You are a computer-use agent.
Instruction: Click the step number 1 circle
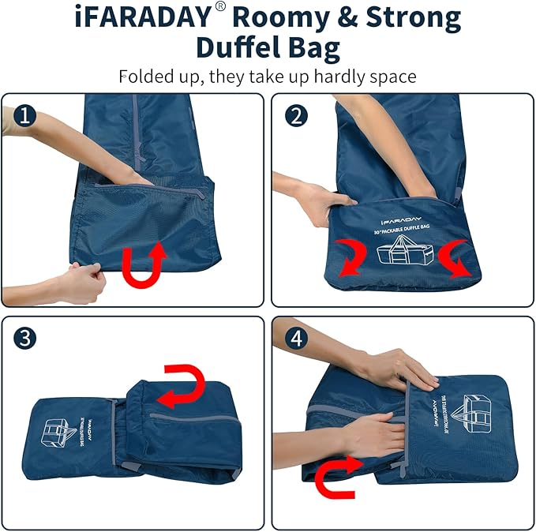pos(26,117)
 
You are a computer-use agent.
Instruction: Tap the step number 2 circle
pos(297,117)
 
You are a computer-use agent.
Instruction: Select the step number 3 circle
pos(26,339)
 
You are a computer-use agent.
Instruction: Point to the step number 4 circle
pos(297,339)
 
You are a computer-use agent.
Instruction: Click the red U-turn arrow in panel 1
pos(144,264)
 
